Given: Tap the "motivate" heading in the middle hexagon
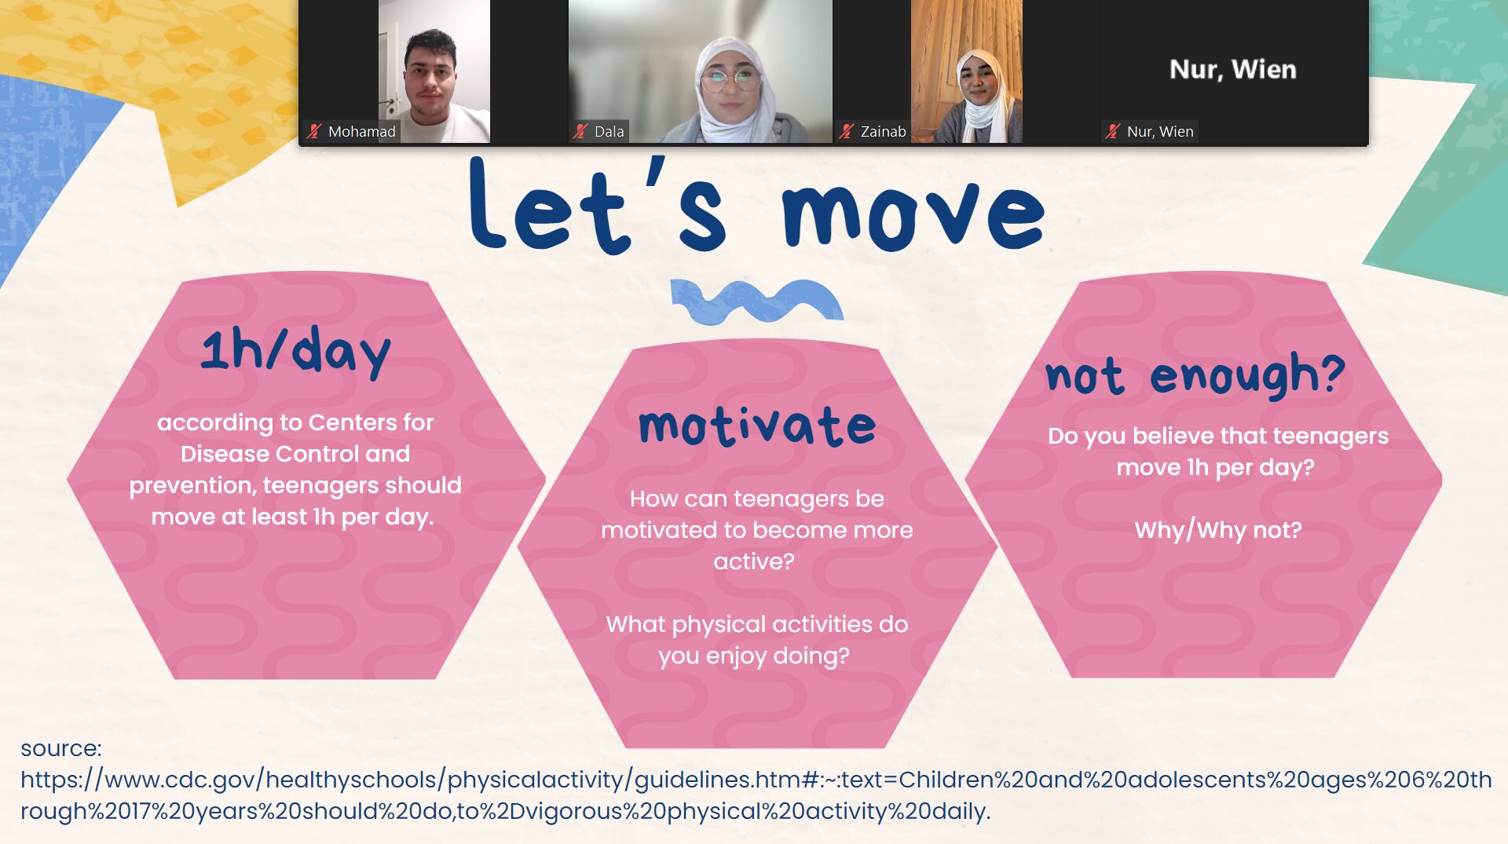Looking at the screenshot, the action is point(757,426).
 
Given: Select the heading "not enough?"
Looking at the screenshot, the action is point(1195,375).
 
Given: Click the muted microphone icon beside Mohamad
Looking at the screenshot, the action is point(315,131).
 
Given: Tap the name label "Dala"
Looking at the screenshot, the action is point(609,131).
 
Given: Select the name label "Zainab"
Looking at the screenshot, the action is point(883,131).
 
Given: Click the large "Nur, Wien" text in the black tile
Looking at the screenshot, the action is point(1232,70).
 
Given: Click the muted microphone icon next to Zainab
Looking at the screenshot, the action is point(846,131).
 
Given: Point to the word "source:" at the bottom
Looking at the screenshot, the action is point(61,748).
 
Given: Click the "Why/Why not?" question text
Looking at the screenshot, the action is point(1218,530).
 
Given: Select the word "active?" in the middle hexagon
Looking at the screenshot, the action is point(754,561).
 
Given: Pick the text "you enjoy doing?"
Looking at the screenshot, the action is point(754,656).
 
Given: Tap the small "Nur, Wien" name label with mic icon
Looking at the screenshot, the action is point(1151,131).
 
